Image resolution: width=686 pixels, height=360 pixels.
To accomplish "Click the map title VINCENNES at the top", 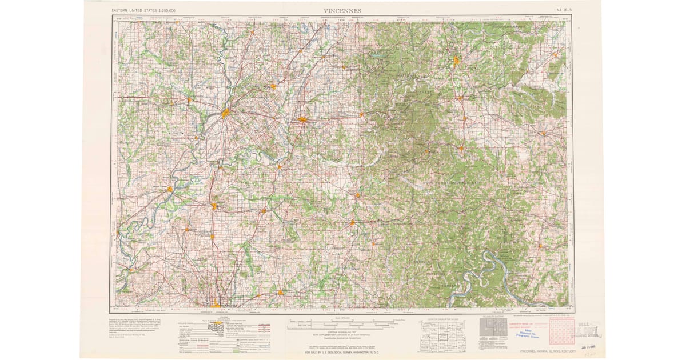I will pyautogui.click(x=342, y=10).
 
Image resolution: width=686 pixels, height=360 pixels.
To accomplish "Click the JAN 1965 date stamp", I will pyautogui.click(x=586, y=346).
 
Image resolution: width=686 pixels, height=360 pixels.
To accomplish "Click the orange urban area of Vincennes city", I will pyautogui.click(x=226, y=113).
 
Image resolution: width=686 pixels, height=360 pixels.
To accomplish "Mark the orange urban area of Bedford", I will pyautogui.click(x=456, y=60).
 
